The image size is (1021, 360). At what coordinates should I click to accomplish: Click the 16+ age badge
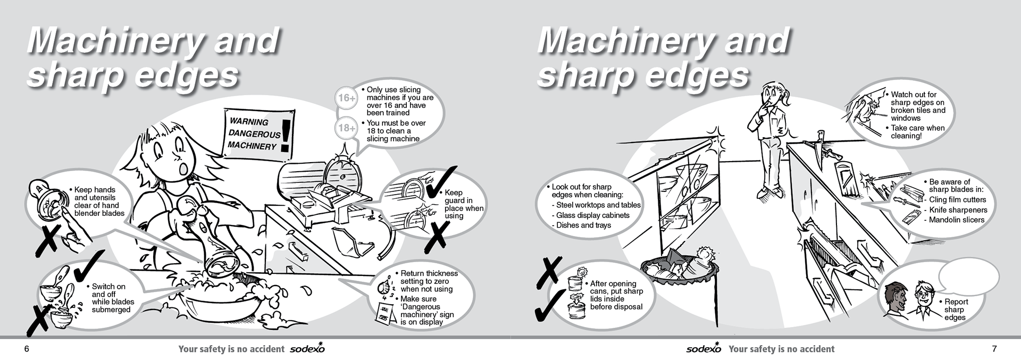347,98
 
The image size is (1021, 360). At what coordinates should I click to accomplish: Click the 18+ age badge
347,128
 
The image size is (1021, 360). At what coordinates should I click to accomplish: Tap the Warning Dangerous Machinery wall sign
260,135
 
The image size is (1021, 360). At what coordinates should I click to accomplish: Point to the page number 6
26,349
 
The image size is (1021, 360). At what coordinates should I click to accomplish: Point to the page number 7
994,349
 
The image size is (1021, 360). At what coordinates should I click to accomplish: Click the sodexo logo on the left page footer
307,348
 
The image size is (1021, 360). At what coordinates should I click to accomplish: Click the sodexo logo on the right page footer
704,348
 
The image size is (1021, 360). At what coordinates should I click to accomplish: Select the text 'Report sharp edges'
956,309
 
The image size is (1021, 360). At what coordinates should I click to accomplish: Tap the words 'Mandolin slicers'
957,220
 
